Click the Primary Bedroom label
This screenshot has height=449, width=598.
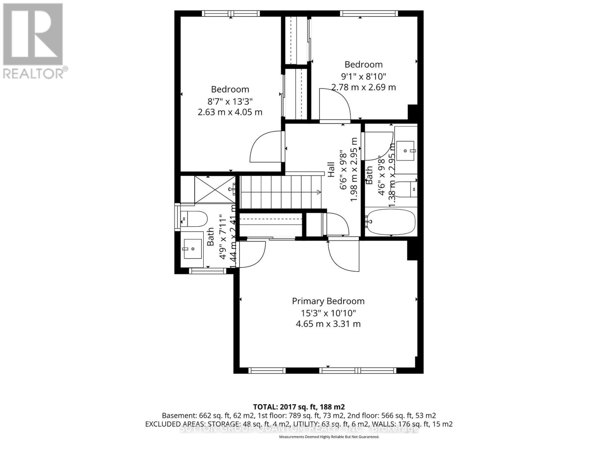(x=328, y=301)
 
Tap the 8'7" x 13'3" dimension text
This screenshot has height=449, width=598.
(x=230, y=101)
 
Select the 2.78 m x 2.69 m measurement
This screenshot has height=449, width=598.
(x=363, y=87)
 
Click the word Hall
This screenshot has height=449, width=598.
(x=331, y=169)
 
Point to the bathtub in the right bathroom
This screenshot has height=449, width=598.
(x=391, y=222)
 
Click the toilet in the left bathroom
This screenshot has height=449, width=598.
(x=194, y=219)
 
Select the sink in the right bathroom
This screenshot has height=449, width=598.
(x=406, y=150)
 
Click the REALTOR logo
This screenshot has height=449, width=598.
(x=34, y=41)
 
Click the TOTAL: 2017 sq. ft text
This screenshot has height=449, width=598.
(x=299, y=407)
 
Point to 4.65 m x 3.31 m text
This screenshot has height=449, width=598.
(x=328, y=324)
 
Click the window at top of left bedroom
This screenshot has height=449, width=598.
(x=231, y=13)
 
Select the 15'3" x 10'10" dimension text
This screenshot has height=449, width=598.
(x=328, y=313)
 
